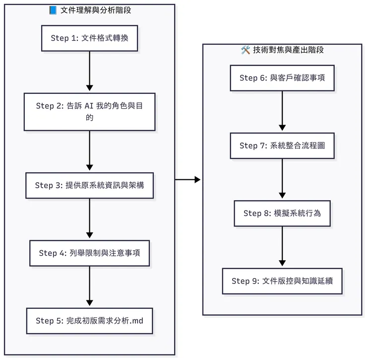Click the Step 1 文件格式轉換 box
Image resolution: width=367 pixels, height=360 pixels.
(89, 38)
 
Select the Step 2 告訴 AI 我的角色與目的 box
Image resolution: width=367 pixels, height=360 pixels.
(89, 112)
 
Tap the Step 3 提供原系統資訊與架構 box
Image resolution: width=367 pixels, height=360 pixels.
(89, 185)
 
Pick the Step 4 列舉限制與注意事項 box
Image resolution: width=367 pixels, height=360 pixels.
(89, 253)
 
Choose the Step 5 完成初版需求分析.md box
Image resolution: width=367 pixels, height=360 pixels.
(89, 321)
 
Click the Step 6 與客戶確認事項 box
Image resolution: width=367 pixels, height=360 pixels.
(282, 78)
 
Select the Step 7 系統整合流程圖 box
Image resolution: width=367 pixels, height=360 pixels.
(282, 145)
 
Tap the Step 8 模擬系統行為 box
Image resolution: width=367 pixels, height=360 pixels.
(282, 213)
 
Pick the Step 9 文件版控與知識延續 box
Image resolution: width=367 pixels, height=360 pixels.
(282, 281)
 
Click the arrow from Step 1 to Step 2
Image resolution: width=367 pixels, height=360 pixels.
(89, 72)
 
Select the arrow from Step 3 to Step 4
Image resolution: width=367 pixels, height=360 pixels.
(89, 219)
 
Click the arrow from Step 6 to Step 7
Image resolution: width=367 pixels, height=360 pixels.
(282, 111)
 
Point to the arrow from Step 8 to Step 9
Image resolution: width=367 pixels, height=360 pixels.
(282, 247)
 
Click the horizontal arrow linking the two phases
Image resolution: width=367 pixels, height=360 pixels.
(188, 179)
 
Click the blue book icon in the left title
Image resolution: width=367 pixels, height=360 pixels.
(53, 10)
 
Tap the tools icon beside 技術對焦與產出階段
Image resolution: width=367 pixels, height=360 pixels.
(245, 50)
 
